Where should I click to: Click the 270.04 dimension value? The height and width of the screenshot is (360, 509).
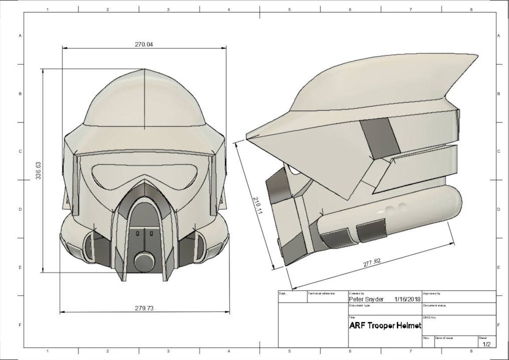[x=144, y=44]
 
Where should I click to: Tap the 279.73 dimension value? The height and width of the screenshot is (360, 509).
[x=144, y=308]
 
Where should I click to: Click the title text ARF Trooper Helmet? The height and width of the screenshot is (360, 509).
[x=385, y=326]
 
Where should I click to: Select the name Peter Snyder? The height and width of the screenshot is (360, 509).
[x=366, y=299]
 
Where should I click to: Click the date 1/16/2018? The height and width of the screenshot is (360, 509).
[x=407, y=299]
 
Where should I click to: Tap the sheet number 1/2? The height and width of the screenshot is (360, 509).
[x=486, y=344]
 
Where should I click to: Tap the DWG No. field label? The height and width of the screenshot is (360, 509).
[x=429, y=317]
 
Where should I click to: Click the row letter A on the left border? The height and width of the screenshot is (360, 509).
[x=20, y=36]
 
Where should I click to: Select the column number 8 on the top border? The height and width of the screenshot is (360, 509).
[x=471, y=9]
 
